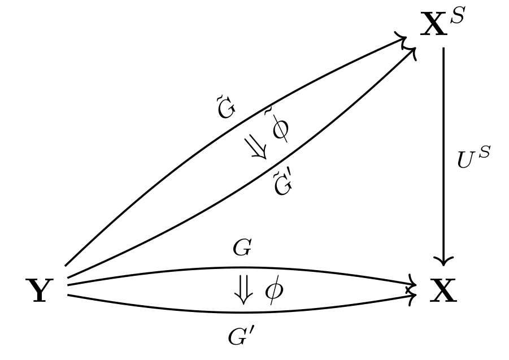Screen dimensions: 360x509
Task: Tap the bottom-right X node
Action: pos(443,292)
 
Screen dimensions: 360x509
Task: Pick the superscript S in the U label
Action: pos(484,153)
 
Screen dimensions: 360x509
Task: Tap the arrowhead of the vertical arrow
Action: pos(443,261)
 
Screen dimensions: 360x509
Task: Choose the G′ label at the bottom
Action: pos(242,337)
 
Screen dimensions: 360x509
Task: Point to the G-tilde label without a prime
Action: pos(226,109)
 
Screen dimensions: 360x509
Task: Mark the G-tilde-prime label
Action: pos(282,184)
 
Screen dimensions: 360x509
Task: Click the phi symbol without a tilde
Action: pos(274,292)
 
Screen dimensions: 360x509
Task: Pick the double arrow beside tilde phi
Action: pos(256,148)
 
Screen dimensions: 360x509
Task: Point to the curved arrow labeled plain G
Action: pos(169,271)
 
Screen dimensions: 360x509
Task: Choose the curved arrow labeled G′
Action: pos(169,308)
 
